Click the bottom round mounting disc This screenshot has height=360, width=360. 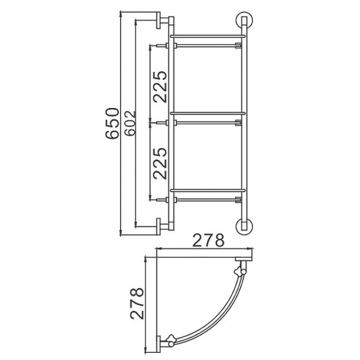pyautogui.click(x=245, y=226)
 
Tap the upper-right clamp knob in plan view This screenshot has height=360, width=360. pyautogui.click(x=241, y=268)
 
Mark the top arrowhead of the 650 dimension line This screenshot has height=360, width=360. pyautogui.click(x=123, y=13)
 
